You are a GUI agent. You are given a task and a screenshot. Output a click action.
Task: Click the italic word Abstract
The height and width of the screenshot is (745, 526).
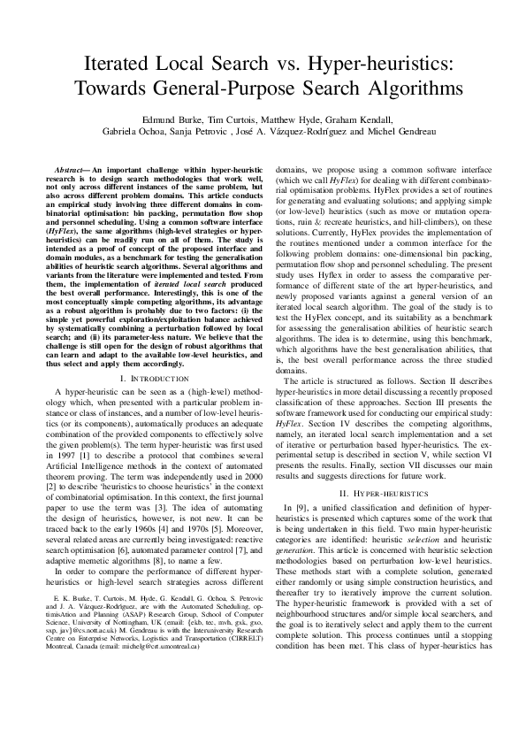71,167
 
